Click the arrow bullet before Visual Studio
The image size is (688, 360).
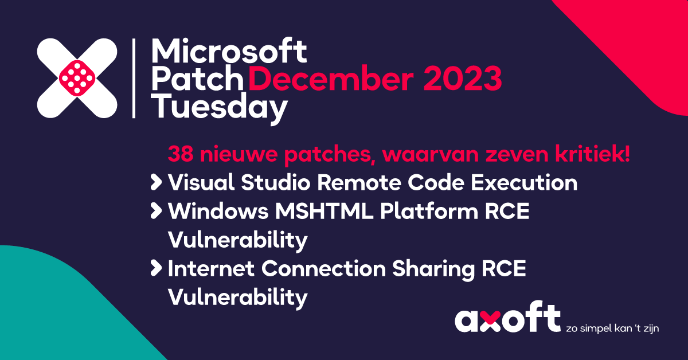(x=155, y=183)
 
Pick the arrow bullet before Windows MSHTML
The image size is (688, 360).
(x=155, y=212)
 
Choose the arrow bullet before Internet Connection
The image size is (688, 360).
(x=155, y=268)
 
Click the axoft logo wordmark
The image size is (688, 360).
(x=507, y=319)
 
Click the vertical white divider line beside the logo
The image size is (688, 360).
(x=134, y=79)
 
